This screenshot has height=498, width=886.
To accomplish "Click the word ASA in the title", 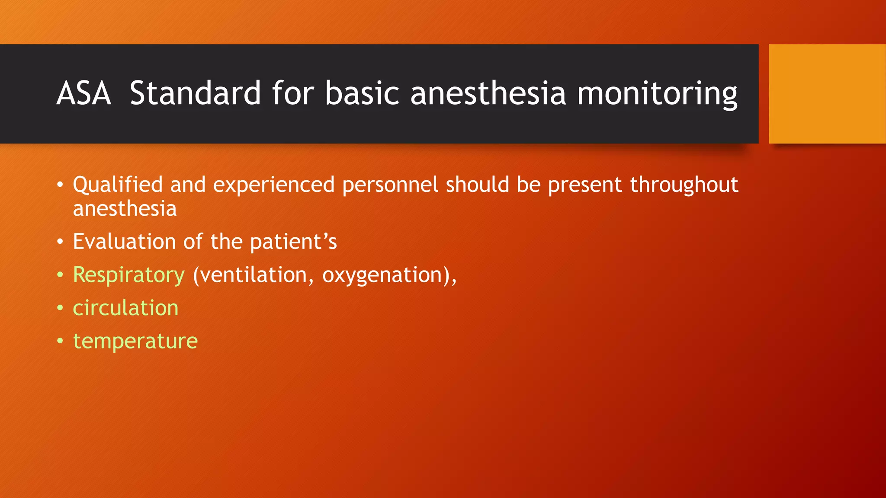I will (x=83, y=93).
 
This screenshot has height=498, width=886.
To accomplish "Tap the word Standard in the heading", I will (x=195, y=93).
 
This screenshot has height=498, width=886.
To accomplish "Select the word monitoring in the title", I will (x=657, y=93).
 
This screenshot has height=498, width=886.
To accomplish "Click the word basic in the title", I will (x=362, y=93).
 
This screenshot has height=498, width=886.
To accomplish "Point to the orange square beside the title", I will (x=827, y=94).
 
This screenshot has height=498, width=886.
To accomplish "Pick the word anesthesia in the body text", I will (x=125, y=209).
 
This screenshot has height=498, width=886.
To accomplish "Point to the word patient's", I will (x=293, y=242).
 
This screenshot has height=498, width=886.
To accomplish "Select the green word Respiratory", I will (x=128, y=275).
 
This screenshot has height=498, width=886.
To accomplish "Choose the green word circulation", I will (x=125, y=308).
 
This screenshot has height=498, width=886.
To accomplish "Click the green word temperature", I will (x=135, y=342).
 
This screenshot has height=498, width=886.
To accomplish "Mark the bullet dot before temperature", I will (x=60, y=342).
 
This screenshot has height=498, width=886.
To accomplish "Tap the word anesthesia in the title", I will (x=488, y=93).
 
